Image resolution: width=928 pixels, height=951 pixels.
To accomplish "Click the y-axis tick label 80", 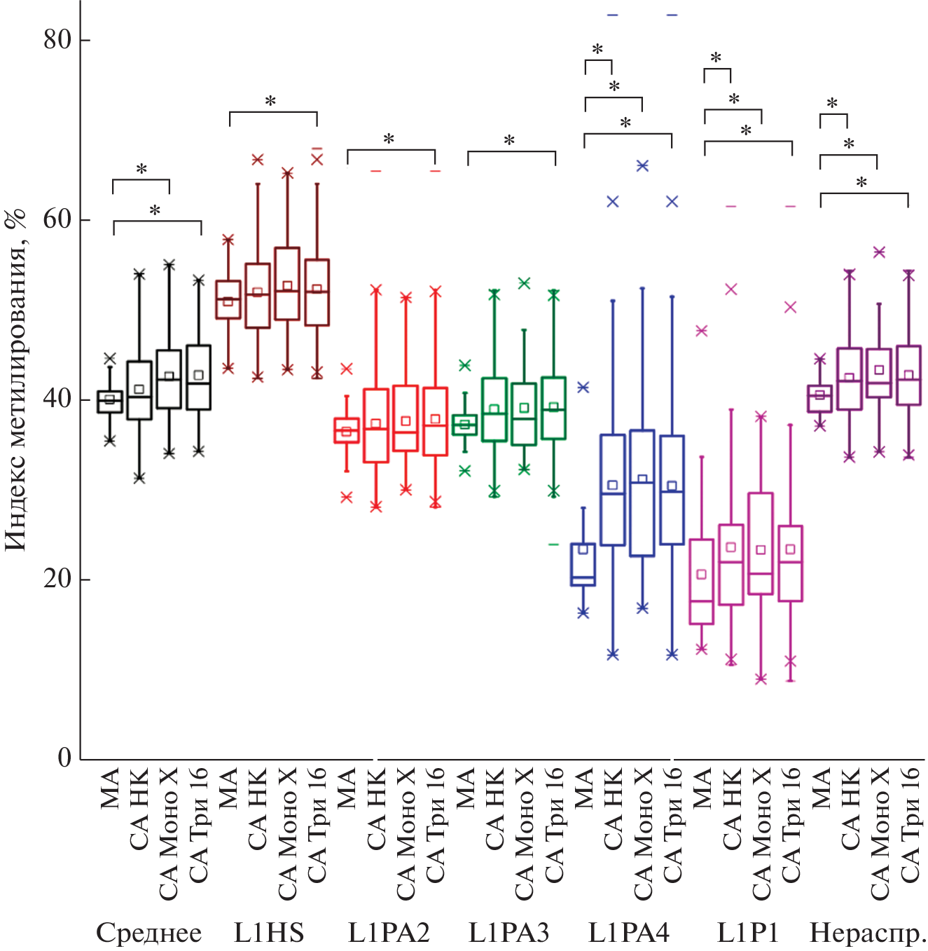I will [x=57, y=39].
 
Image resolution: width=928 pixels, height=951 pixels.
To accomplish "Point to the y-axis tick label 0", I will [x=64, y=758].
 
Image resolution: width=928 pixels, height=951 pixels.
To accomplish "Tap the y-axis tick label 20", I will [x=57, y=579].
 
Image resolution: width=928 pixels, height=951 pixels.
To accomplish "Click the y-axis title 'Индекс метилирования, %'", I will [x=15, y=378].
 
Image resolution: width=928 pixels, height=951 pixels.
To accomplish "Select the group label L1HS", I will [x=269, y=933].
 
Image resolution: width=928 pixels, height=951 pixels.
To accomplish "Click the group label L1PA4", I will [x=628, y=933].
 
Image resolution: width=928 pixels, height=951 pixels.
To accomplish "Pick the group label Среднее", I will [x=148, y=933].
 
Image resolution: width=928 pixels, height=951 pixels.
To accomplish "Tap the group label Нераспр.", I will [x=868, y=933].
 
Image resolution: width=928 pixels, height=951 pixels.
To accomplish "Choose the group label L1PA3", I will [x=508, y=933].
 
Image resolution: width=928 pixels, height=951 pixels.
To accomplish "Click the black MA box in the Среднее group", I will [x=110, y=402].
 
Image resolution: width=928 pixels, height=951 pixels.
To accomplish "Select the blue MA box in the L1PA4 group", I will [x=583, y=564].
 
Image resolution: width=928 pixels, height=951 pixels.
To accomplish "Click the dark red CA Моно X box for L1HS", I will [x=287, y=284].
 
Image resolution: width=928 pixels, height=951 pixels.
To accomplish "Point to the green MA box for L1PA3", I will [x=464, y=425].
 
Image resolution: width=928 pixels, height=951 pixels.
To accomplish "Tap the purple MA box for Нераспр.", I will [x=820, y=399].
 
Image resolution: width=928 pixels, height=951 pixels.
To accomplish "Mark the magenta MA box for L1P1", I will [x=702, y=582].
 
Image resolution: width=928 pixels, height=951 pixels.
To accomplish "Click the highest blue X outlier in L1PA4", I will [x=642, y=165].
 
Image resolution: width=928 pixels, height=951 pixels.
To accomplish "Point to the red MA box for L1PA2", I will [x=347, y=430].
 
